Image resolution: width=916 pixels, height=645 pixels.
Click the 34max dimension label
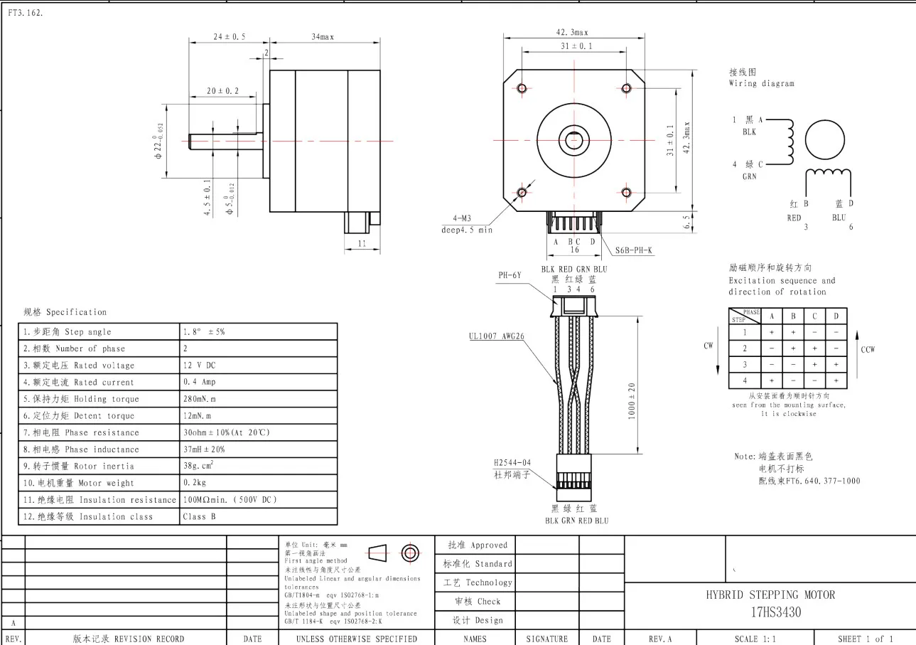(322, 36)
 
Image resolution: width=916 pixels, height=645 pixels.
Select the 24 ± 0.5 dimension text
(230, 36)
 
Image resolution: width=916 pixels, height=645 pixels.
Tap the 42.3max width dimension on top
(572, 32)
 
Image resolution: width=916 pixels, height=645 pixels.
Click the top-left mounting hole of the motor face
(522, 88)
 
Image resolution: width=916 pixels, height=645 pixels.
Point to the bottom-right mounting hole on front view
(626, 192)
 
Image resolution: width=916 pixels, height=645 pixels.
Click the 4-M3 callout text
(456, 218)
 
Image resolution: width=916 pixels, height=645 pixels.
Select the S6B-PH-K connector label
(634, 250)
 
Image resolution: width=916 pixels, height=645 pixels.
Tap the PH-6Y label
(511, 275)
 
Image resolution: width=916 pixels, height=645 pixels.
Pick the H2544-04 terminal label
(512, 462)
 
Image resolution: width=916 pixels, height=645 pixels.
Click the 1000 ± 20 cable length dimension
(632, 401)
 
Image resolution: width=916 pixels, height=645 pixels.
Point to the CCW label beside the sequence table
(867, 349)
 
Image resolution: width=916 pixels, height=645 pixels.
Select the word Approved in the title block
(489, 545)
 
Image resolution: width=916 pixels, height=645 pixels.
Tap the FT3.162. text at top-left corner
(26, 13)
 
